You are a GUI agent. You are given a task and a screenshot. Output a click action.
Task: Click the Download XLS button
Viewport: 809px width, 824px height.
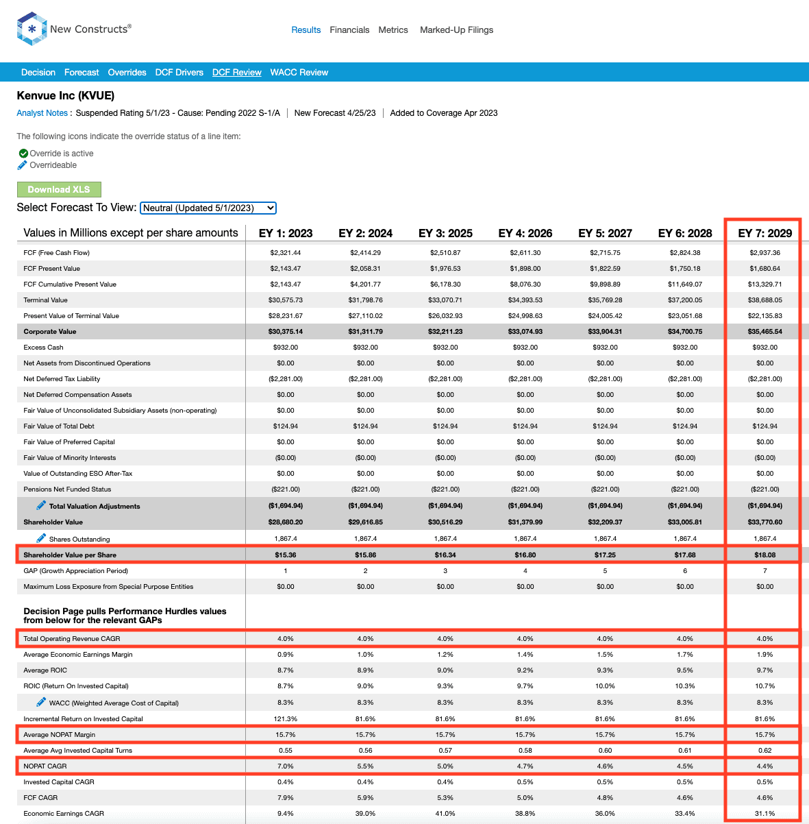click(x=59, y=189)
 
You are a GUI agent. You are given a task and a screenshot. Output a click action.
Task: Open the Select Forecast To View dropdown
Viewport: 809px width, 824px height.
click(x=208, y=208)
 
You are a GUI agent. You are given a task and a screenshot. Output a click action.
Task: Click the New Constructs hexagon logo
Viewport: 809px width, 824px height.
click(x=32, y=29)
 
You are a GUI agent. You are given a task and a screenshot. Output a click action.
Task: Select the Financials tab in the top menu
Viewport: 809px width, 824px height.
click(x=349, y=30)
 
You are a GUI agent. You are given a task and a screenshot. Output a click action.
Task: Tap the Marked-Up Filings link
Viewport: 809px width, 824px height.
click(x=456, y=30)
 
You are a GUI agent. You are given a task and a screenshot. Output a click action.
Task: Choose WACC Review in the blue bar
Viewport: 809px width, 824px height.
click(x=299, y=72)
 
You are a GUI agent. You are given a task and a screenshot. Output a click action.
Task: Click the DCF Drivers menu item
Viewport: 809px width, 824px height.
click(x=179, y=72)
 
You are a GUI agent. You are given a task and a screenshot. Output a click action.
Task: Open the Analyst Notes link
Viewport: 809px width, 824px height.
click(x=42, y=113)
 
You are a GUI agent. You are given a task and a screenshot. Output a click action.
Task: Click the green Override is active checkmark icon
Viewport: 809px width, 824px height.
click(x=23, y=153)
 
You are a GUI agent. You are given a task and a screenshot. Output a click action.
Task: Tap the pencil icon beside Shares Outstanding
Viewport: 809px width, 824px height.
click(x=41, y=538)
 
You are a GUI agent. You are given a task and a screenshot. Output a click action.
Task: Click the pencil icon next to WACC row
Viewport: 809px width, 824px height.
click(x=41, y=702)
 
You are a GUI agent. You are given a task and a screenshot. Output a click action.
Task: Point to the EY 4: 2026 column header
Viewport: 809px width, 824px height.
click(x=525, y=233)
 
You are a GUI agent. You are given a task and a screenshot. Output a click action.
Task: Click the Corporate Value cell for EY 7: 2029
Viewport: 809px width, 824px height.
click(x=765, y=331)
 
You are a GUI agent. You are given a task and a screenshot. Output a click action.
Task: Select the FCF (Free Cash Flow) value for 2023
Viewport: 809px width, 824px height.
click(x=286, y=253)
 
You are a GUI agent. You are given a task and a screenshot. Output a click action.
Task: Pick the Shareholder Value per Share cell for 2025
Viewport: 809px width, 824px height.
click(x=445, y=555)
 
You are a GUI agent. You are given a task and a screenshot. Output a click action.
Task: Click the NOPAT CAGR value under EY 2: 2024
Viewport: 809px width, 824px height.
click(x=365, y=766)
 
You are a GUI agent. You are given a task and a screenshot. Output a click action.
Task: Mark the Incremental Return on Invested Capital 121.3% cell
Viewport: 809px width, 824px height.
click(x=286, y=719)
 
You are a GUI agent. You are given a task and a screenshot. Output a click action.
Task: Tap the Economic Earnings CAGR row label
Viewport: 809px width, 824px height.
click(x=64, y=813)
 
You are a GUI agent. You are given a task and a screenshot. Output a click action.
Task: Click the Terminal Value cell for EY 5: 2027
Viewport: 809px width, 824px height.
click(x=605, y=300)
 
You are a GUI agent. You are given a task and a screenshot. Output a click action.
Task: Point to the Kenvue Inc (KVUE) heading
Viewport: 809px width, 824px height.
click(x=65, y=95)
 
